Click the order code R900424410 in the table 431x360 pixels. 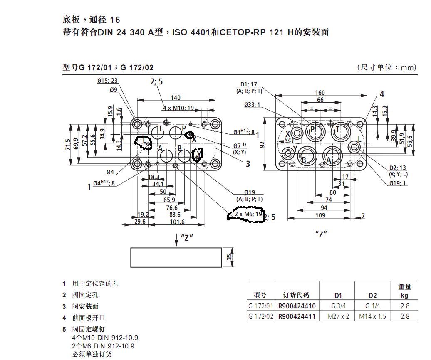tap(297, 306)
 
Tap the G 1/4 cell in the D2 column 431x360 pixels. tap(372, 306)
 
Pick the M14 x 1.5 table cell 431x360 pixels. tap(372, 316)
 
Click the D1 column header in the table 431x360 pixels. tap(338, 296)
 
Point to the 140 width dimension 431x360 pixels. tap(176, 97)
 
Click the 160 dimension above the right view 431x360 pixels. tap(320, 93)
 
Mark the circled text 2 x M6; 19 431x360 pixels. tap(248, 215)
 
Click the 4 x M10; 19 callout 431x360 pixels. tap(178, 108)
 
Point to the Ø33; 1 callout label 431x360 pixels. tap(252, 104)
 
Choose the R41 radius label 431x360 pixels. tap(289, 141)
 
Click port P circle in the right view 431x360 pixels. tap(312, 131)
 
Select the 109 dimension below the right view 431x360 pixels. tap(320, 215)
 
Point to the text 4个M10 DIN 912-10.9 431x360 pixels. tap(105, 338)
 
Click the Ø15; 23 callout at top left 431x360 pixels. tap(107, 81)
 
